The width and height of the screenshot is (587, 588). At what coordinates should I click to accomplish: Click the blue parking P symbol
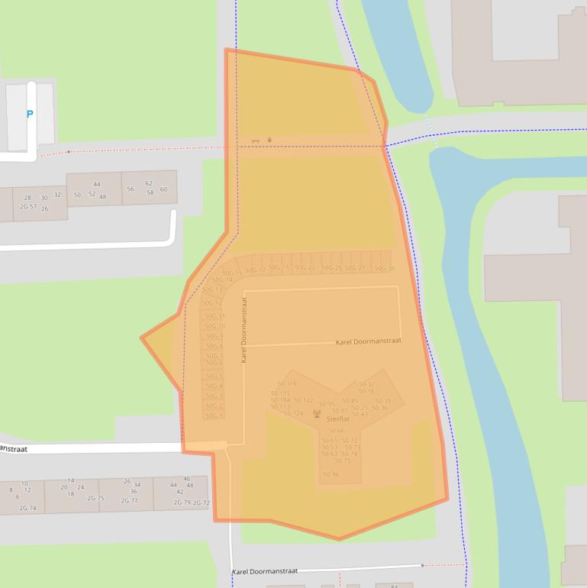coord(30,115)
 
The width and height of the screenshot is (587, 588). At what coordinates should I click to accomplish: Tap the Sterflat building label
coord(337,419)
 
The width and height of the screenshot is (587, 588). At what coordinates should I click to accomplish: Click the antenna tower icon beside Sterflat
coord(317,414)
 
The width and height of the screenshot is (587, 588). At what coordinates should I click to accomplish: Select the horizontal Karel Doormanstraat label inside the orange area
coord(368,341)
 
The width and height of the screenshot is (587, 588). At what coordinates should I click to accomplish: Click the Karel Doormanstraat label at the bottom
coord(264,571)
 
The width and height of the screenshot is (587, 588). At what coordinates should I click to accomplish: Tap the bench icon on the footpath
coord(256,141)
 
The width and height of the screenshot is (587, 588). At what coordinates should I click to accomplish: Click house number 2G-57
coord(28,207)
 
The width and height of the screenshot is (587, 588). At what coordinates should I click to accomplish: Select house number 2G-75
coord(95,499)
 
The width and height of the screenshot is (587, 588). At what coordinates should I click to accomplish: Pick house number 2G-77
coord(129,501)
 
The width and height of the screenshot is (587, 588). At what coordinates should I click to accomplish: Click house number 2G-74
coord(27,508)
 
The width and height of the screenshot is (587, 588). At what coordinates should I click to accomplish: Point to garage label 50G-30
coord(385,268)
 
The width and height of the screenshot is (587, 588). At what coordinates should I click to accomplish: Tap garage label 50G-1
coord(214,416)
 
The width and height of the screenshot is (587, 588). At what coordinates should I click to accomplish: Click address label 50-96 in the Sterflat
coord(331,475)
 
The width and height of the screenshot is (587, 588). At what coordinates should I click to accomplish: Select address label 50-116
coord(286,383)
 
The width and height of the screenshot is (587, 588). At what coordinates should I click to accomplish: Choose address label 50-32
coord(366,384)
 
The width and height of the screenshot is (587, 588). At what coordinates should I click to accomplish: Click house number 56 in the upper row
coord(131,189)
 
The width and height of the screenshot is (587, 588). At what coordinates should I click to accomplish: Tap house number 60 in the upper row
coord(163,189)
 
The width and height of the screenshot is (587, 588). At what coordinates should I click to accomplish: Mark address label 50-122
coord(304,400)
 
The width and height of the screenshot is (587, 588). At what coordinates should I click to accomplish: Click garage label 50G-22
coord(305,268)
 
